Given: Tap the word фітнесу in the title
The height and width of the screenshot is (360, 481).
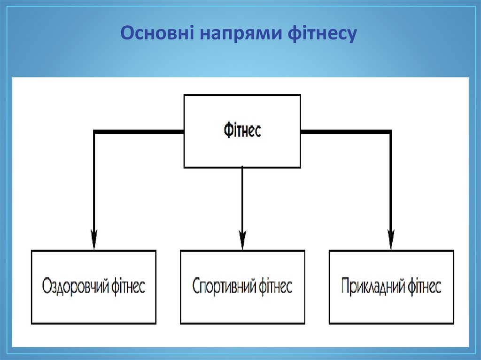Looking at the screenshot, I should pyautogui.click(x=324, y=33).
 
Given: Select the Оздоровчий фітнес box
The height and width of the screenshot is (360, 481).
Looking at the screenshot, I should pyautogui.click(x=93, y=305).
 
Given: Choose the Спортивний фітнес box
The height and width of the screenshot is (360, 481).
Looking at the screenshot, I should pyautogui.click(x=242, y=305).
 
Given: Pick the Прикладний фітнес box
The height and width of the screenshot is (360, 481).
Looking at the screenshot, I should pyautogui.click(x=391, y=305).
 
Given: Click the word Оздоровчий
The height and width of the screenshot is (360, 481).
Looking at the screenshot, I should pyautogui.click(x=76, y=286).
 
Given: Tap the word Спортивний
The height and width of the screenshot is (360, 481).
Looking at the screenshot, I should pyautogui.click(x=223, y=286).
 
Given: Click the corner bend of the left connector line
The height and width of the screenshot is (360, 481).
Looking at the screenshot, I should pyautogui.click(x=94, y=132).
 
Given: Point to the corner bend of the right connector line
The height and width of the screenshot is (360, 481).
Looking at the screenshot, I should pyautogui.click(x=390, y=132).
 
